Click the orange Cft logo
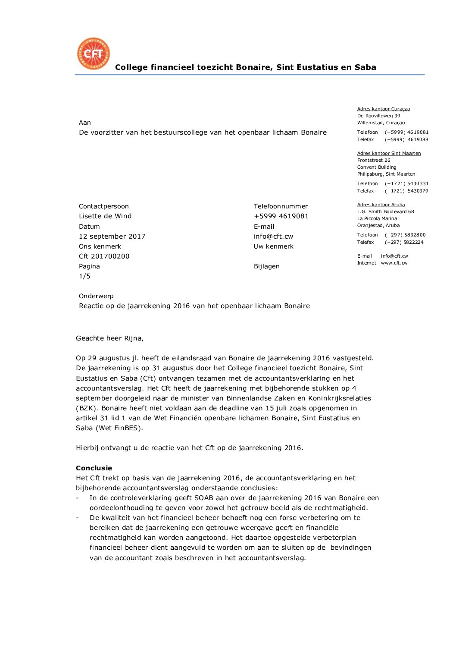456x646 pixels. (94, 54)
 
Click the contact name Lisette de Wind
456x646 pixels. (105, 216)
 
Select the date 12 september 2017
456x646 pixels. (112, 236)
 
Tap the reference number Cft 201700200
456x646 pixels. (104, 256)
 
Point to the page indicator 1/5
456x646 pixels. (84, 276)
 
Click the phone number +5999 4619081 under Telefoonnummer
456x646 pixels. (281, 216)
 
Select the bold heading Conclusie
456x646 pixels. (94, 468)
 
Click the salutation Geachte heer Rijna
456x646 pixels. (109, 338)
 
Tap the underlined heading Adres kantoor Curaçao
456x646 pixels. (384, 109)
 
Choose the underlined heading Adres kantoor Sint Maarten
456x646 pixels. (389, 153)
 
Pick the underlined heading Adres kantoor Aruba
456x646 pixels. (381, 205)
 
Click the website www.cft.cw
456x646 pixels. (394, 263)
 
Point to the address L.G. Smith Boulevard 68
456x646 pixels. (385, 211)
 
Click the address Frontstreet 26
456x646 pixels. (374, 160)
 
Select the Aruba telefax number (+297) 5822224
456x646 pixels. (404, 243)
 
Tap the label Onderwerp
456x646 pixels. (96, 296)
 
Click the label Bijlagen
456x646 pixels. (266, 266)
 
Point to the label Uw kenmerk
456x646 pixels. (273, 246)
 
